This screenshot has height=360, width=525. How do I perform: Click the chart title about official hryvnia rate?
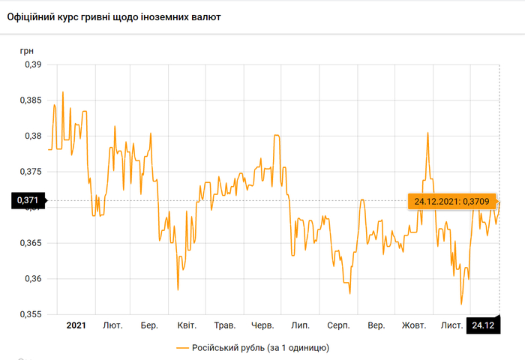coord(114,16)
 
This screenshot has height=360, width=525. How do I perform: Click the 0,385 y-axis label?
coord(32,100)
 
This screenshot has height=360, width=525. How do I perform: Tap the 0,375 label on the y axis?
coord(32,172)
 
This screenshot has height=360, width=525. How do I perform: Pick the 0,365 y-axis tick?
coord(32,243)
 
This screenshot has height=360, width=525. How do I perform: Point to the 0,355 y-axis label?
coord(32,314)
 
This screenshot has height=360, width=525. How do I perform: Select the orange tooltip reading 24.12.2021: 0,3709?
coord(448,200)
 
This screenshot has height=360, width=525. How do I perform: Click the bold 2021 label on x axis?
coord(76,325)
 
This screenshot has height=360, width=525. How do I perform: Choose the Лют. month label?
coord(112,325)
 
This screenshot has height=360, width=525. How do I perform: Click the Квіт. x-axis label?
coord(187,325)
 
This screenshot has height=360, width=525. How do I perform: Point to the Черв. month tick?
coord(262,325)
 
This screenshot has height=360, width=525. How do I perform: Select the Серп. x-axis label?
coord(338,325)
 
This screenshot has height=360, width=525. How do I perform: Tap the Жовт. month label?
coord(413,325)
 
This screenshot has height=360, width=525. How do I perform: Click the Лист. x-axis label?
coord(451,325)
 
